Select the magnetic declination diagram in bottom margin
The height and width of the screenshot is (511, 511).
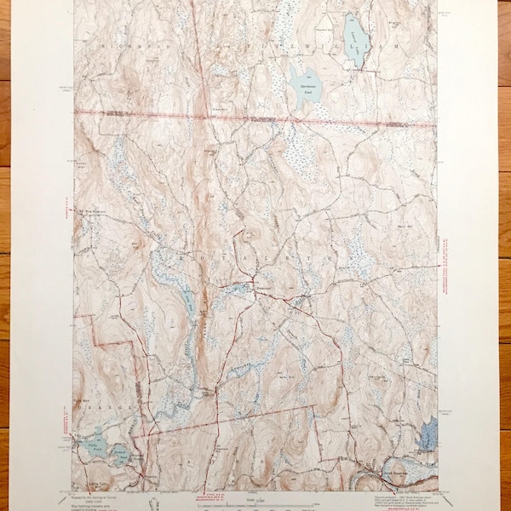coord(152,497)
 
